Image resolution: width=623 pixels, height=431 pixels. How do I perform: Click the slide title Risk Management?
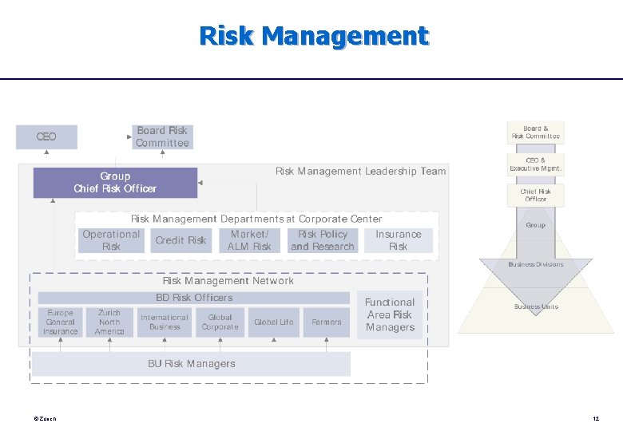[x=313, y=36]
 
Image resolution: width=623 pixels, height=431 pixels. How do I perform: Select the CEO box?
[x=46, y=136]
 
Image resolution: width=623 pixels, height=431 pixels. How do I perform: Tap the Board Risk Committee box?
[x=162, y=136]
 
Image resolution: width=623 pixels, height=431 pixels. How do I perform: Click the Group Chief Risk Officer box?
[x=115, y=183]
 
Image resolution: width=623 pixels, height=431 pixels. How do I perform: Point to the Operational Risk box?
[x=111, y=240]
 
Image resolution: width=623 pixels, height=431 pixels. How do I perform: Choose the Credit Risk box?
[x=181, y=240]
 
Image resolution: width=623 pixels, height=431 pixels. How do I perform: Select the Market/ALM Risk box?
[x=250, y=240]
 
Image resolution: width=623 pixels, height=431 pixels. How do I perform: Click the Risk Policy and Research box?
[x=322, y=240]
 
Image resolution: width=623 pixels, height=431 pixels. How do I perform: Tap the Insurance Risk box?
[x=398, y=240]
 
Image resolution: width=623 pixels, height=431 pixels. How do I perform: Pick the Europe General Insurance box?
[x=61, y=322]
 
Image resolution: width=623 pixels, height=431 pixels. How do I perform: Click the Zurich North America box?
[x=109, y=322]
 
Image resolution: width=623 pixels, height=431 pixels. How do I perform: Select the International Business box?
[x=165, y=322]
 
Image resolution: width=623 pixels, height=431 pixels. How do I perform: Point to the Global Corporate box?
[x=220, y=322]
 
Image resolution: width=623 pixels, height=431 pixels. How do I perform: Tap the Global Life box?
[x=273, y=322]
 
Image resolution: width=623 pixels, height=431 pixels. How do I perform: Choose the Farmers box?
[x=326, y=322]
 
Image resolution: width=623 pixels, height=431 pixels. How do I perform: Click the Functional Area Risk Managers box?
[x=390, y=314]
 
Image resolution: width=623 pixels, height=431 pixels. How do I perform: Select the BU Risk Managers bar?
[x=191, y=364]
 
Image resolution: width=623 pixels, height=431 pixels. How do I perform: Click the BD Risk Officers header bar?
[x=194, y=298]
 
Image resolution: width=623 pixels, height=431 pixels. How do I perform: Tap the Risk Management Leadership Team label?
[x=360, y=171]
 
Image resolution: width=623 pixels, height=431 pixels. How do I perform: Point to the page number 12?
[x=596, y=418]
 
